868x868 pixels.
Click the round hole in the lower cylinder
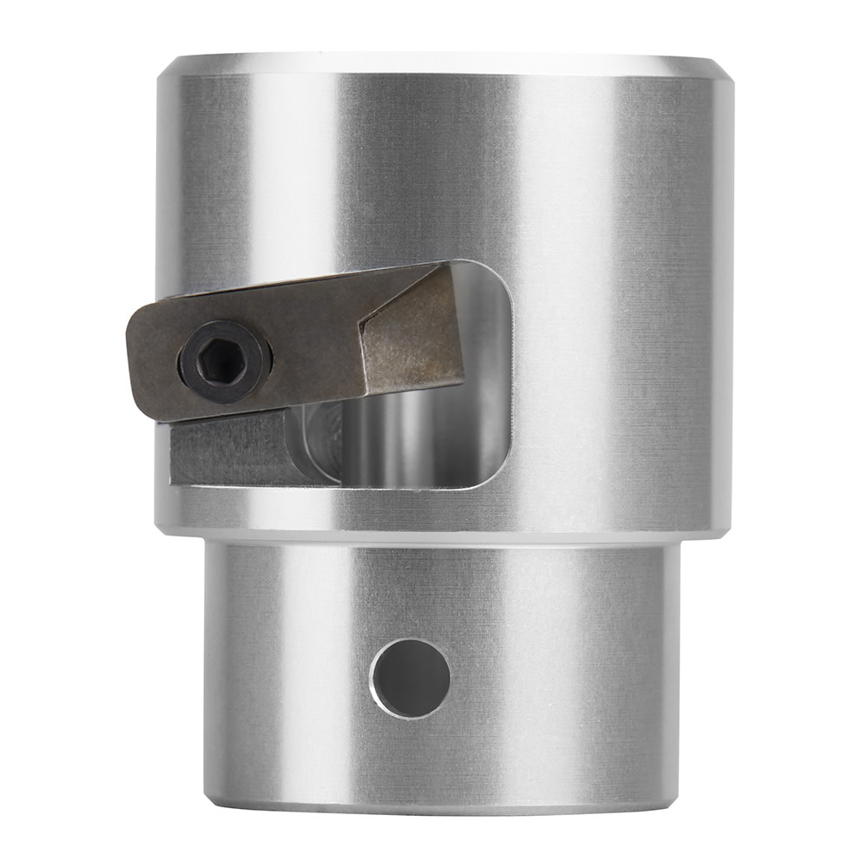pyautogui.click(x=411, y=678)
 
